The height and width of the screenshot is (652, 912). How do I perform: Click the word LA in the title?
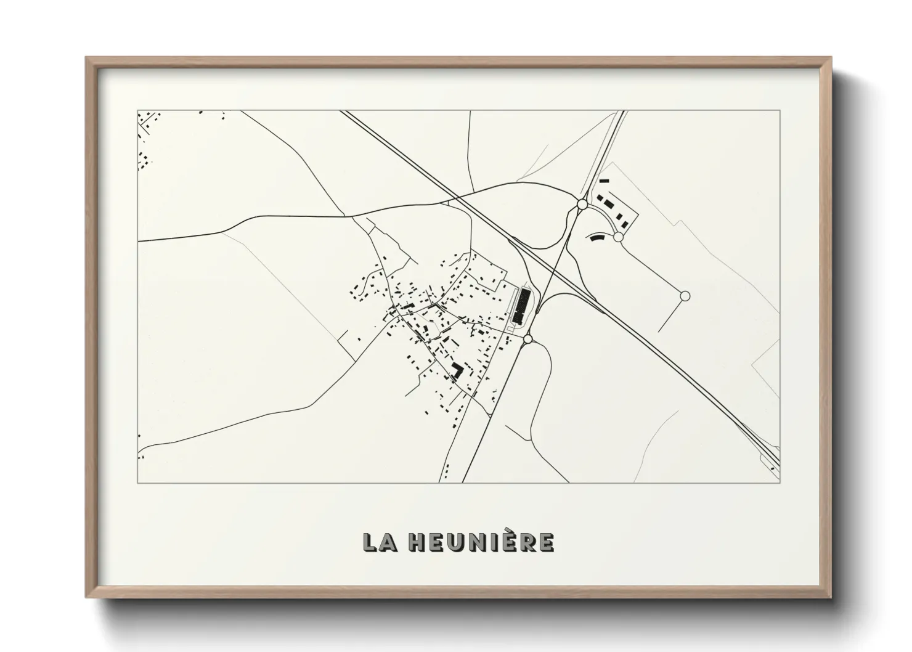(377, 542)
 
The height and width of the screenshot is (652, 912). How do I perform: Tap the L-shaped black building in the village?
(457, 370)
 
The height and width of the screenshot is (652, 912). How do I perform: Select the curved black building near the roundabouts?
(596, 237)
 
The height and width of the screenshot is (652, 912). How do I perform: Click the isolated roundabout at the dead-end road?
(684, 296)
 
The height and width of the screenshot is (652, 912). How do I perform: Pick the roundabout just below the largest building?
(527, 339)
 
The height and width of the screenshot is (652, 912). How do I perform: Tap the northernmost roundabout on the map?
(582, 203)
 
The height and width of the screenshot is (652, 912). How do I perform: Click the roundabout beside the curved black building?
(619, 237)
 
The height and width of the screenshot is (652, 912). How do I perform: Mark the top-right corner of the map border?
(780, 110)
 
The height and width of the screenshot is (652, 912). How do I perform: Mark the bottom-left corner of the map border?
(138, 483)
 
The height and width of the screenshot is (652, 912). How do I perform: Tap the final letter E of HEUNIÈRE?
(547, 542)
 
